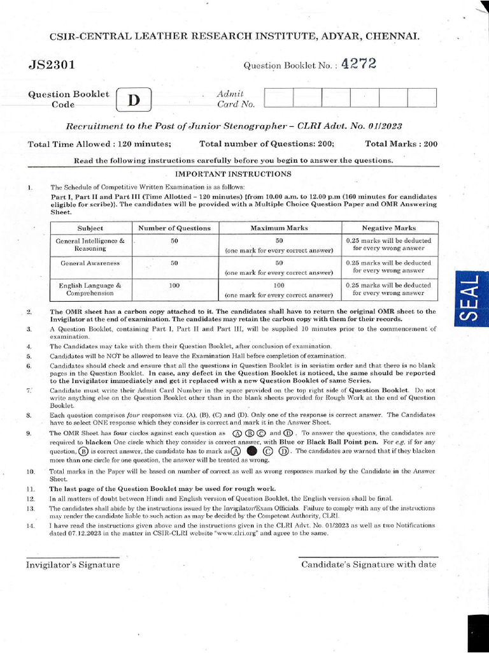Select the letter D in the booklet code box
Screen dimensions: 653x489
click(133, 101)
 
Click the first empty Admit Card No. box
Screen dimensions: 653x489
click(278, 98)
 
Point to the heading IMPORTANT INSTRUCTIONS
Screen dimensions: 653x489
click(233, 173)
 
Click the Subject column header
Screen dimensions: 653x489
click(90, 228)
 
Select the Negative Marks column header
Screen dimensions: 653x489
click(388, 228)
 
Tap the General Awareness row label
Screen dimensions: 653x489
click(90, 263)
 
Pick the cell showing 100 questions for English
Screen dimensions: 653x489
click(174, 286)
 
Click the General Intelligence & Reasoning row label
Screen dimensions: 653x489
click(90, 245)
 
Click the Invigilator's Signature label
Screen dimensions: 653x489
click(73, 564)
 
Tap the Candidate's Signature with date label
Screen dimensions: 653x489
click(369, 564)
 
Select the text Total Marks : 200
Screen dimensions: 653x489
click(402, 144)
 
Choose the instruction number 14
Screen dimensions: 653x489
click(30, 525)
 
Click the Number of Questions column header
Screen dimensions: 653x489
click(174, 228)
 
